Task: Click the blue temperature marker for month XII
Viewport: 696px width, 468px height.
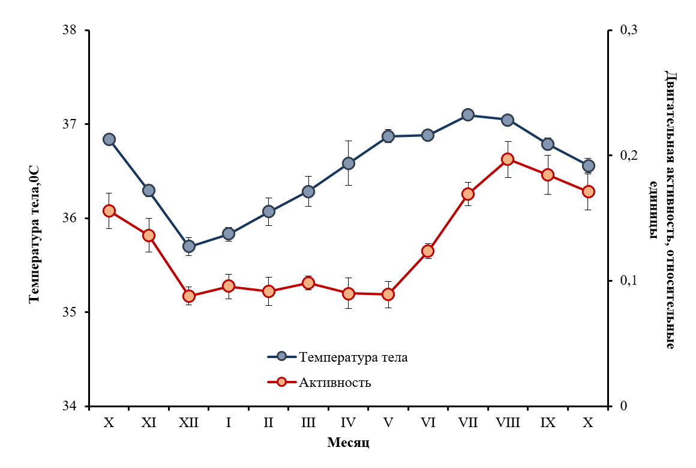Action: tap(189, 246)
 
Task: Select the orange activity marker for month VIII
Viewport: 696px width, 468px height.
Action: tap(508, 159)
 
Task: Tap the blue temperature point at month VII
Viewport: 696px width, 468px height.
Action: tap(468, 115)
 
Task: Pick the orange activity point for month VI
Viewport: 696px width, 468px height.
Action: tap(428, 251)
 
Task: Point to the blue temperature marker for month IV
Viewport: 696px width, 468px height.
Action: tap(349, 163)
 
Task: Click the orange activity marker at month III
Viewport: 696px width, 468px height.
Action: tap(308, 283)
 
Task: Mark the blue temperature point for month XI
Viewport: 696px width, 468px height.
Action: tap(149, 190)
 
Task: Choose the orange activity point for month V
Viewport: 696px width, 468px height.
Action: tap(388, 294)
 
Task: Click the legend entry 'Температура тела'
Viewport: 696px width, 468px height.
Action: tap(354, 357)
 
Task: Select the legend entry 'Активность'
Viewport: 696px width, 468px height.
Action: tap(335, 382)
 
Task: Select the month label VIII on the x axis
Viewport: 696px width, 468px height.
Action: tap(508, 423)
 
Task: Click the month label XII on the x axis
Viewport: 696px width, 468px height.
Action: tap(189, 423)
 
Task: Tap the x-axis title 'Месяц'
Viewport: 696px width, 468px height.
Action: tap(348, 443)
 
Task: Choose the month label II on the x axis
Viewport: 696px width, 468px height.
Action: tap(268, 423)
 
